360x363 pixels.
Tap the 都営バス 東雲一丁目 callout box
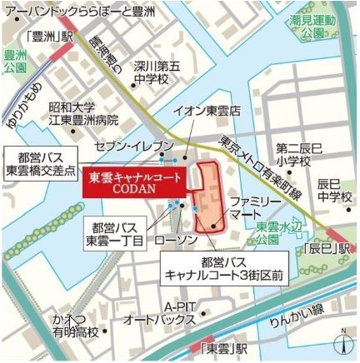pos(116,232)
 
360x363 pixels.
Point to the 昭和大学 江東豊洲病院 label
pos(83,113)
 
